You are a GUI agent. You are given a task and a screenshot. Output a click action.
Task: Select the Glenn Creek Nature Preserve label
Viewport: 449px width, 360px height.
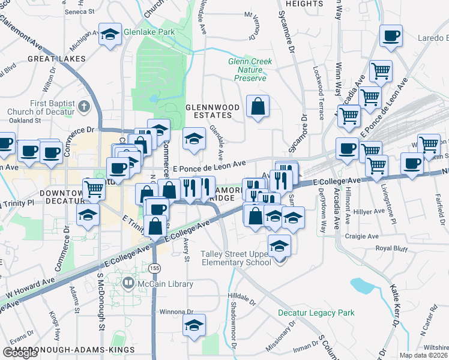click(x=250, y=70)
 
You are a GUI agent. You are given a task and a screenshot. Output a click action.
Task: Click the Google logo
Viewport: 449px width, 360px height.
click(x=20, y=352)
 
